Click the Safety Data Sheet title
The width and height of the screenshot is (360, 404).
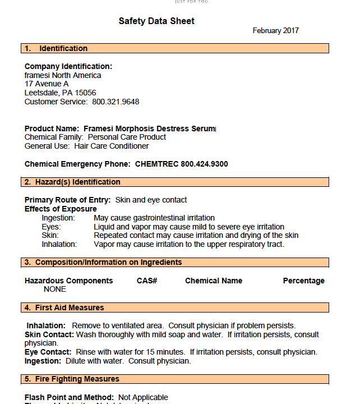click(156, 21)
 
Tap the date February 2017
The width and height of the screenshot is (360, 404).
click(275, 31)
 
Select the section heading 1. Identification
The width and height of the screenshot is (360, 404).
click(56, 48)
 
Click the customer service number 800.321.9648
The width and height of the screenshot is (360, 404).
click(116, 102)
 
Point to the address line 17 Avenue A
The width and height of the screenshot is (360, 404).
click(47, 84)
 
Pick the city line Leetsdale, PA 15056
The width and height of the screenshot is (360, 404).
click(60, 93)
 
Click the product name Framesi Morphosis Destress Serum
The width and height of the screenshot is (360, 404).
click(149, 128)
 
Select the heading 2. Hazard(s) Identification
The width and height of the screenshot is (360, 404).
click(72, 182)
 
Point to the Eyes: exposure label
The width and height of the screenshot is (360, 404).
click(51, 227)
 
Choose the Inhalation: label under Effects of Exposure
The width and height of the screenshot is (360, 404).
click(59, 244)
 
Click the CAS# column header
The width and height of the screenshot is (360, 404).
click(147, 281)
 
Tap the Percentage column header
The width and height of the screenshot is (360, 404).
click(303, 281)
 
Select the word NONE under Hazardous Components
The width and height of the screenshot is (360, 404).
click(55, 289)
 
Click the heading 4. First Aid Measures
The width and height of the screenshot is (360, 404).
click(64, 307)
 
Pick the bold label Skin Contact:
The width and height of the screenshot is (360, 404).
click(49, 334)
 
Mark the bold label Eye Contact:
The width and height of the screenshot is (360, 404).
click(49, 352)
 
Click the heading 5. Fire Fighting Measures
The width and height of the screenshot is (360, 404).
click(72, 379)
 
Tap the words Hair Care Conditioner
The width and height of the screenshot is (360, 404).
click(112, 146)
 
